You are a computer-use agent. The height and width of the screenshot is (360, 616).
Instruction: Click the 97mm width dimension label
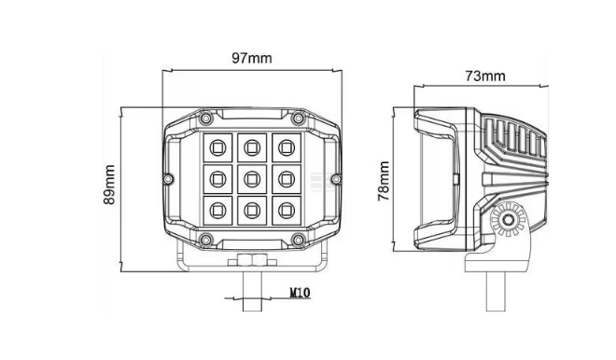[x=251, y=59]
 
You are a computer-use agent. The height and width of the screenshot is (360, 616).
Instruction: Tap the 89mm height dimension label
[x=109, y=185]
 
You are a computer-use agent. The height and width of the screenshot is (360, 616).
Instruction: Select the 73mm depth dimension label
[x=485, y=76]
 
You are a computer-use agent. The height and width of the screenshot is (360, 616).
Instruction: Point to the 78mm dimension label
[x=384, y=181]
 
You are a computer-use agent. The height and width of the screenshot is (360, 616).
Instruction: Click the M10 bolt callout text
[x=301, y=293]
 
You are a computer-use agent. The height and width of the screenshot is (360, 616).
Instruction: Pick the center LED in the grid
[x=252, y=179]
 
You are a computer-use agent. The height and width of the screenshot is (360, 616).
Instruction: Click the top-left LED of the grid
[x=217, y=148]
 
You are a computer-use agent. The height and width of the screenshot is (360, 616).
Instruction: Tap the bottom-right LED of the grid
[x=287, y=211]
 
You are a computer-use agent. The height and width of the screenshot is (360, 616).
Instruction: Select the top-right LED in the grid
[x=287, y=148]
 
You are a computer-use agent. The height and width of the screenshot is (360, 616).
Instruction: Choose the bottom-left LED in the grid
[x=217, y=211]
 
